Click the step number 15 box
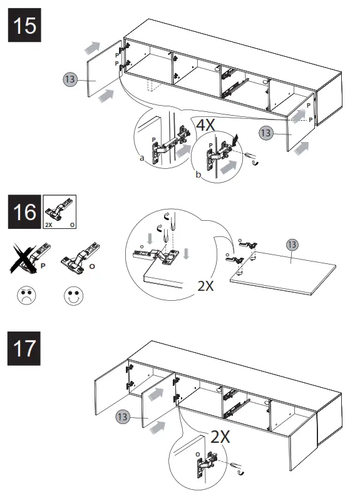click(24, 25)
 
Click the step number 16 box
click(24, 211)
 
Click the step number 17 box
click(24, 348)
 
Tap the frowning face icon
click(26, 295)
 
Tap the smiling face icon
click(74, 296)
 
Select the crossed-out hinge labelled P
click(30, 258)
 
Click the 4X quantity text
click(206, 124)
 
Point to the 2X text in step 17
click(220, 437)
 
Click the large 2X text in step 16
click(206, 286)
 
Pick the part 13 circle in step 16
click(292, 245)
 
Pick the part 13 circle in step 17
click(123, 417)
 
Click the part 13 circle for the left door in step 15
click(70, 79)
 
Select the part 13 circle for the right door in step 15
click(266, 133)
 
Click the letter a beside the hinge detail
click(142, 158)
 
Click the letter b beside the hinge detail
click(198, 175)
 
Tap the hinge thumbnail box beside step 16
click(59, 211)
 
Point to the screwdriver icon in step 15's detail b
click(252, 158)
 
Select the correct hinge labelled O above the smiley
click(80, 257)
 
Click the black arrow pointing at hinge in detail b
click(235, 140)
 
